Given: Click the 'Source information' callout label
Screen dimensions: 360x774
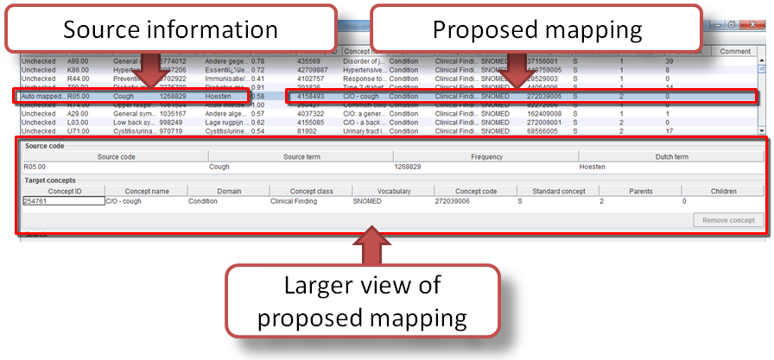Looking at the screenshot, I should [x=170, y=29].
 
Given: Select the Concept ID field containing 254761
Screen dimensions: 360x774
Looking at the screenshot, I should [x=63, y=201].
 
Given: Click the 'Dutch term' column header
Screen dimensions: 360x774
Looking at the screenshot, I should [x=670, y=157].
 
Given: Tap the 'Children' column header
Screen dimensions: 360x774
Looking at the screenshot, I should [x=723, y=191].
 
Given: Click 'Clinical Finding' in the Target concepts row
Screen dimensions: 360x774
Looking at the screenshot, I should [x=294, y=201].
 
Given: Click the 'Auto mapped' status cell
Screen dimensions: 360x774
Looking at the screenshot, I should [x=40, y=96].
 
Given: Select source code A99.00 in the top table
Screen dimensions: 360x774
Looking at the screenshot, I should [x=79, y=61].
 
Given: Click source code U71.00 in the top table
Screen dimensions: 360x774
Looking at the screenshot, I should [x=79, y=131].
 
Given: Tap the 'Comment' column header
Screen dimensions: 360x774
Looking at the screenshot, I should [x=735, y=52].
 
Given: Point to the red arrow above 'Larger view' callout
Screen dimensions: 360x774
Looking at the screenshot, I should [x=370, y=243].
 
